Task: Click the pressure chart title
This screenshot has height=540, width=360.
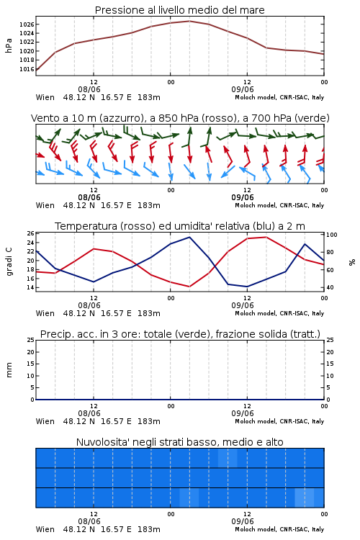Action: [x=180, y=10]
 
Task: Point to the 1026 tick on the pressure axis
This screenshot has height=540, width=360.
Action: [x=26, y=24]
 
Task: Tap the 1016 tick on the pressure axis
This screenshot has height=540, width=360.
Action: [x=26, y=69]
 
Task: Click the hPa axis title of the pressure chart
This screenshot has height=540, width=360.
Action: [x=9, y=45]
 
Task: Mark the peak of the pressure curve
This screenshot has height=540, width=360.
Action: [x=189, y=21]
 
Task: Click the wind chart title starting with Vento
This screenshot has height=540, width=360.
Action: [x=180, y=118]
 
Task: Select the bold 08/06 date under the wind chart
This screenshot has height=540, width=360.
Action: [x=89, y=197]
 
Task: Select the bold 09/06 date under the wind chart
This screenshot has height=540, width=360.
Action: [x=243, y=197]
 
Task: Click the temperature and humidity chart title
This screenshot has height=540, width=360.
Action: [x=180, y=226]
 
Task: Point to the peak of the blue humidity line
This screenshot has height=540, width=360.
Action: [x=189, y=237]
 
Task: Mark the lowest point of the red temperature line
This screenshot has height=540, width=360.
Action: [x=189, y=287]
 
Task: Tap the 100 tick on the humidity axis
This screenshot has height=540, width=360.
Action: [x=332, y=235]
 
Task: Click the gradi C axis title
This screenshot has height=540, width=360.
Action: [x=9, y=261]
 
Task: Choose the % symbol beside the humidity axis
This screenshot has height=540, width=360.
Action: [x=352, y=262]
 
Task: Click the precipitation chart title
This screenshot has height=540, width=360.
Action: [x=180, y=334]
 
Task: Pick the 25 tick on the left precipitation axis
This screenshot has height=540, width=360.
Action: [x=31, y=340]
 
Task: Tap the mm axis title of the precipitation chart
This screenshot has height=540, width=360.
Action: [x=9, y=370]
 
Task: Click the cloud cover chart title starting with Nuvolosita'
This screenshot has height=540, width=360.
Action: [x=180, y=442]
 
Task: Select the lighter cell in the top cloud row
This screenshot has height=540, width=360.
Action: [x=228, y=458]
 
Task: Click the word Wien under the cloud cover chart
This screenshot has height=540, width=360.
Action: [x=45, y=529]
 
